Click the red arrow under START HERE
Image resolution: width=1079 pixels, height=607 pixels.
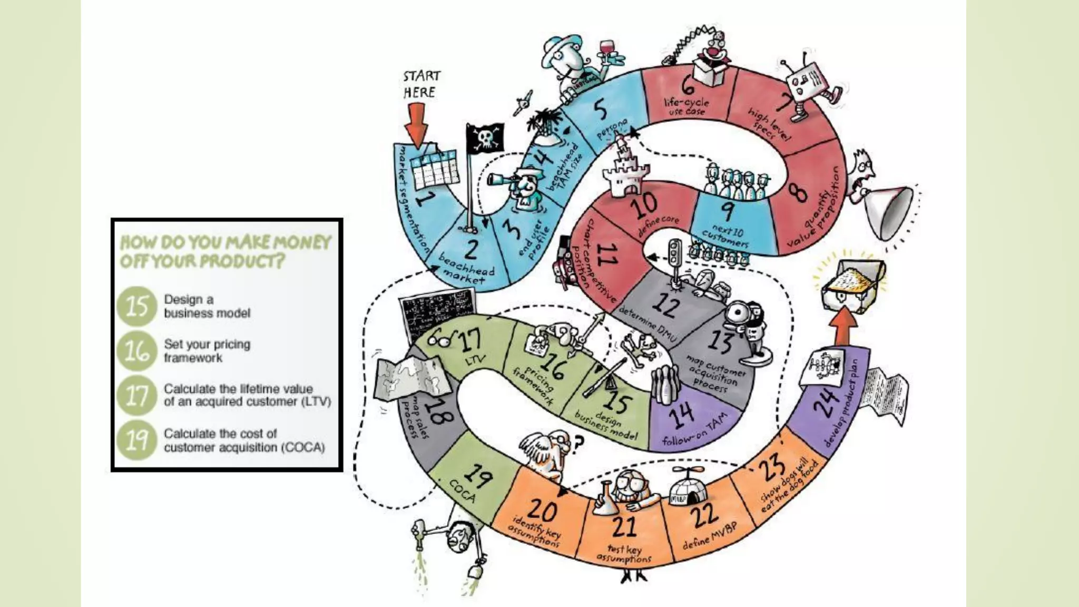point(417,124)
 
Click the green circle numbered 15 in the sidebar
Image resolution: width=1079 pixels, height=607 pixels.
point(137,306)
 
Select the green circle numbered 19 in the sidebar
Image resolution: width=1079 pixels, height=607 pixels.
point(137,440)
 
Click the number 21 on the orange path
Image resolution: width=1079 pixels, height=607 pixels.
point(624,525)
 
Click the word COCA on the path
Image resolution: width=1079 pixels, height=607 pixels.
point(463,492)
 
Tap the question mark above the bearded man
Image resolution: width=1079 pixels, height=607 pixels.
point(578,444)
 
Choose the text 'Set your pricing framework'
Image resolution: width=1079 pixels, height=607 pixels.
point(207,351)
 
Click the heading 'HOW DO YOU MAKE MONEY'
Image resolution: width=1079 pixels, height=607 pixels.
point(225,242)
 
